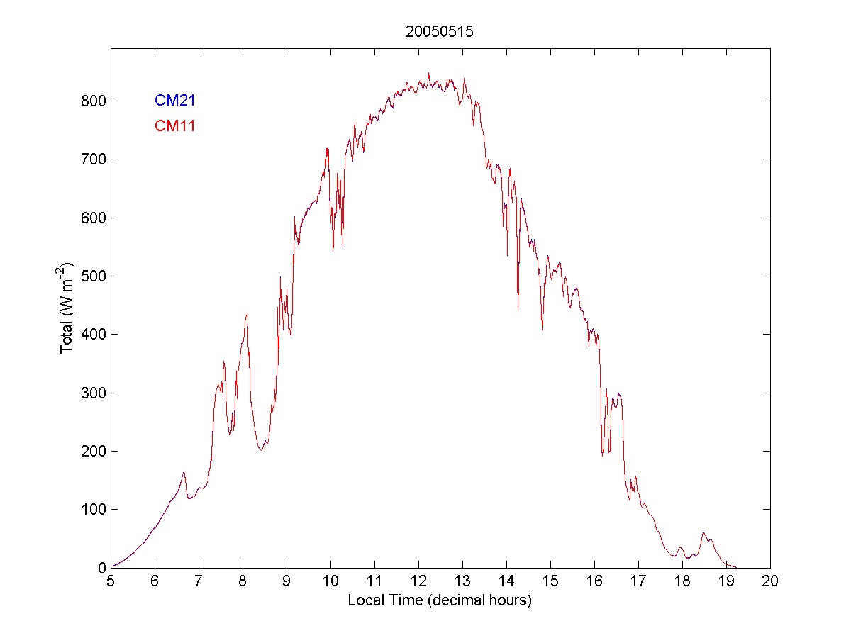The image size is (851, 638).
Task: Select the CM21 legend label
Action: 175,101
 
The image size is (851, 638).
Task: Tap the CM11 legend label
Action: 175,127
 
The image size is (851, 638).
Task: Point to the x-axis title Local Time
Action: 440,600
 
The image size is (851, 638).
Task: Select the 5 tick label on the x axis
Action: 111,581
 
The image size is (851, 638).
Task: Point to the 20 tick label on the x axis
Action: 770,581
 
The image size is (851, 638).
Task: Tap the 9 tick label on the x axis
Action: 287,581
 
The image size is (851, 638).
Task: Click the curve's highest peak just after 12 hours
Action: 429,73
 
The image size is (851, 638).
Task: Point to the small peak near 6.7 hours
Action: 184,472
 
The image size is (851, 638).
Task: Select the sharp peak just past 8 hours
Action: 247,313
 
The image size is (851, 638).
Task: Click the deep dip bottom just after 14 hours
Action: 518,310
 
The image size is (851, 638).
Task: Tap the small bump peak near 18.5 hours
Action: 703,533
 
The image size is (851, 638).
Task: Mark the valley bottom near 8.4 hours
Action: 261,450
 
